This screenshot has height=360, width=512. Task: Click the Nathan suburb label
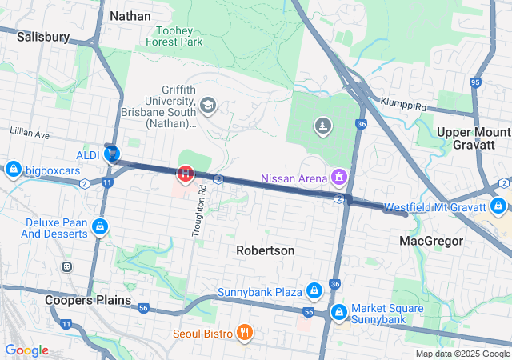(x=129, y=15)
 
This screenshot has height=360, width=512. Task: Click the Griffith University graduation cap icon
(x=208, y=105)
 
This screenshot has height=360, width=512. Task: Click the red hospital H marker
(x=186, y=172)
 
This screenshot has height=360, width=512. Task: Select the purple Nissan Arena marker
(x=339, y=175)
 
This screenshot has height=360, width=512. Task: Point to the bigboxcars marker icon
(x=13, y=170)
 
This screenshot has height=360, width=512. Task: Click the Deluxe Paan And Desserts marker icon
(x=100, y=227)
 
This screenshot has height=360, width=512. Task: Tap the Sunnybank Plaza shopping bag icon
(x=315, y=289)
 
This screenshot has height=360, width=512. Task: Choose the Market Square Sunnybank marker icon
(x=339, y=310)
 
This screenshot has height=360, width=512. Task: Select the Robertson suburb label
(x=265, y=250)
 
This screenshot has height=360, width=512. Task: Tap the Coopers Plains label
(x=88, y=300)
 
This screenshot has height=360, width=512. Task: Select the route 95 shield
(x=475, y=82)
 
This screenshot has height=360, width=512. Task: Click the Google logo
(x=26, y=350)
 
